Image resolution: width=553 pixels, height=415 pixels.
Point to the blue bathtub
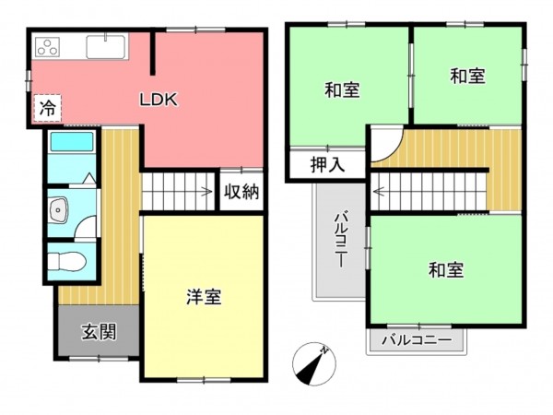click(x=71, y=143)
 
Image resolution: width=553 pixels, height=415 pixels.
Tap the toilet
click(x=69, y=261)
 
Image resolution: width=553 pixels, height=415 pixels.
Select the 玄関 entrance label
click(x=98, y=331)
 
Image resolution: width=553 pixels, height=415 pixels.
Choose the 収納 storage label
click(x=242, y=193)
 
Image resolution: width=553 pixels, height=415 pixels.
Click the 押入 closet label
click(x=326, y=166)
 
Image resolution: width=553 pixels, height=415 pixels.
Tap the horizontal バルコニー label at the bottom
click(x=417, y=340)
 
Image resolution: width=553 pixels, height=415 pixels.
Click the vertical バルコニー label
click(x=339, y=238)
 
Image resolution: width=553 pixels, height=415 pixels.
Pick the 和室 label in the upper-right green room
click(x=467, y=77)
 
